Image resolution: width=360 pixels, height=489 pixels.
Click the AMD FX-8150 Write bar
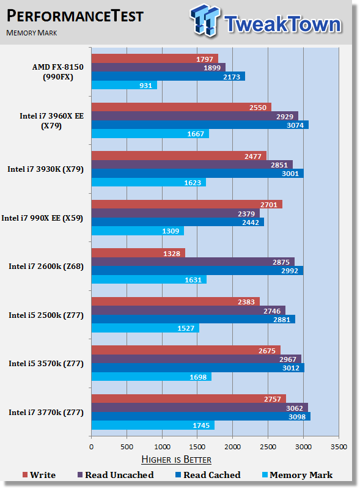pos(155,59)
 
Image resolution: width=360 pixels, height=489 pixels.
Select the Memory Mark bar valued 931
pos(124,85)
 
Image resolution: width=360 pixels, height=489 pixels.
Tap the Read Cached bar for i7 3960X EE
pos(200,125)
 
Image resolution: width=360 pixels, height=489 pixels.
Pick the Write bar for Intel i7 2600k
pos(138,253)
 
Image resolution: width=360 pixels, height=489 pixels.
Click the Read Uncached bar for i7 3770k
pos(200,408)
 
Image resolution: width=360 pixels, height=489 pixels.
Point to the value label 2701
pos(268,205)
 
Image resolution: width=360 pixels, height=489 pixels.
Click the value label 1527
pos(186,328)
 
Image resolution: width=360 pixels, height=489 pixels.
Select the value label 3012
pos(291,368)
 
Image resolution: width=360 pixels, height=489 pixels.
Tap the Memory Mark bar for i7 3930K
pos(149,182)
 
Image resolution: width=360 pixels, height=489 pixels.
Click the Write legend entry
pos(39,475)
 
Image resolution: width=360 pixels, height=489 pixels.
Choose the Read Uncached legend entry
pos(116,475)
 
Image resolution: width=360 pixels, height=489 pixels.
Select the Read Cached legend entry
pos(208,475)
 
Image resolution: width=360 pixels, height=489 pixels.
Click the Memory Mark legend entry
pos(297,475)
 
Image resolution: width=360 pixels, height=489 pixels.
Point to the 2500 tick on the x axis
pos(268,447)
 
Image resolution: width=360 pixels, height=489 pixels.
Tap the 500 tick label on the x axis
pos(127,447)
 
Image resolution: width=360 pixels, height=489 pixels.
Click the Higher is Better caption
pos(176,460)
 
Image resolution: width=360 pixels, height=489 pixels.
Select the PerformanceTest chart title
pos(75,16)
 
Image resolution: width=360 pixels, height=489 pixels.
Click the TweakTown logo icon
pos(205,20)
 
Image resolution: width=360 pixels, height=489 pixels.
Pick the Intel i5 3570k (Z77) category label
pos(46,364)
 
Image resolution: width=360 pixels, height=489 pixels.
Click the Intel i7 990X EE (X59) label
pos(42,218)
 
